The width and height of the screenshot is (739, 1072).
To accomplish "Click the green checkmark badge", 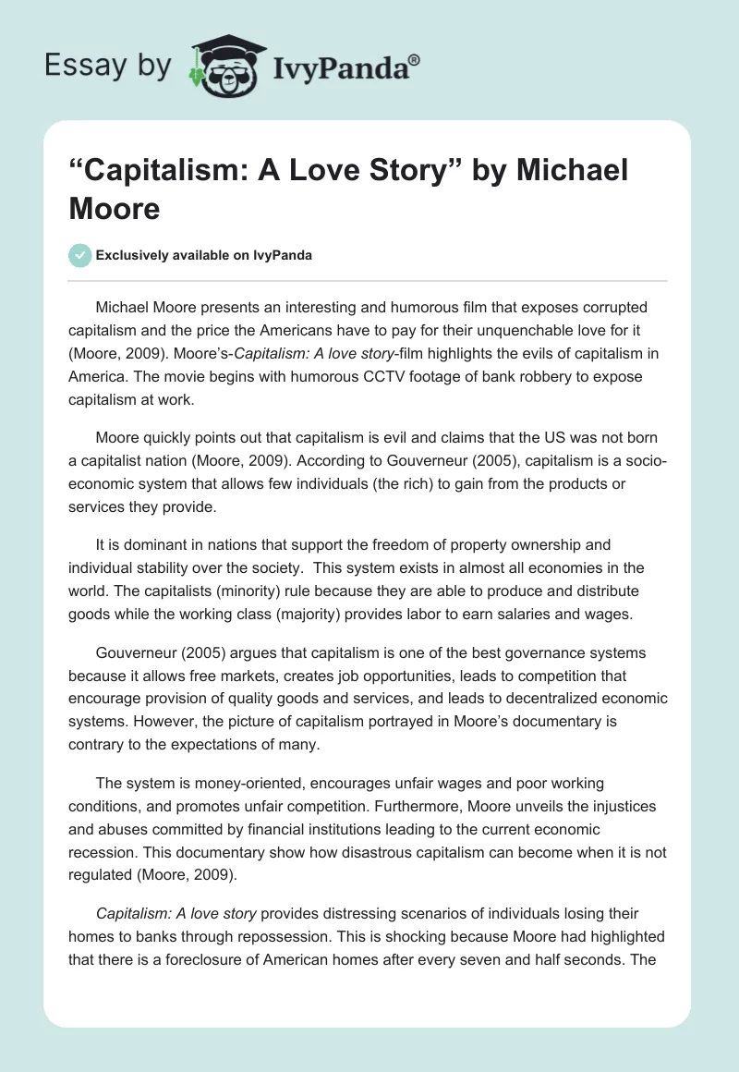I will (x=80, y=255).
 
